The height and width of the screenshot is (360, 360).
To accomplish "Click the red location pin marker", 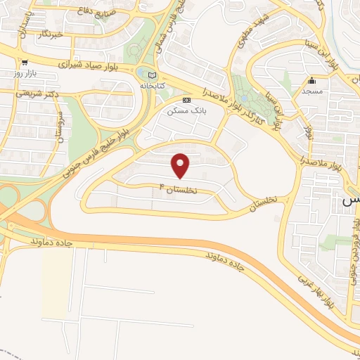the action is tap(181, 165).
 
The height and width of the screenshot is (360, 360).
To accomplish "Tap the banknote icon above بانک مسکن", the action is tap(186, 100).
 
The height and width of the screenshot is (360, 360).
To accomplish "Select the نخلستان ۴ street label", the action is tap(179, 189).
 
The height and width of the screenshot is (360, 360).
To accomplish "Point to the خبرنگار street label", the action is tap(49, 34).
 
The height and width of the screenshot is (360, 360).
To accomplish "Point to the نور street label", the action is tap(309, 130).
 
